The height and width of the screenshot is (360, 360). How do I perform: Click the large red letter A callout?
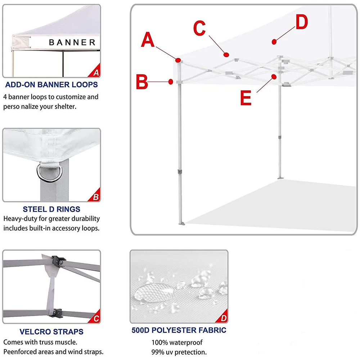(x=148, y=40)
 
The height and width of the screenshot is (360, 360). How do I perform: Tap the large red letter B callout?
(x=142, y=82)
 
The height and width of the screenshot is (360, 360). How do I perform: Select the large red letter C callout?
(x=199, y=28)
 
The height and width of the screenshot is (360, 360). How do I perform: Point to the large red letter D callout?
(x=302, y=22)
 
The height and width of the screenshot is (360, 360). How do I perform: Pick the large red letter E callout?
(x=246, y=98)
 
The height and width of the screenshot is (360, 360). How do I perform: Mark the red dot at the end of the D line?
(x=274, y=42)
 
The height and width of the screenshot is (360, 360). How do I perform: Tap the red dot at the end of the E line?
(x=274, y=76)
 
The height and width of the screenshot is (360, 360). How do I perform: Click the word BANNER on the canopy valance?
(x=72, y=42)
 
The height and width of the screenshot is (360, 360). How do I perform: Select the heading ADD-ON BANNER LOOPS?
(x=51, y=85)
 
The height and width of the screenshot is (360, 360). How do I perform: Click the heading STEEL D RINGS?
(x=51, y=209)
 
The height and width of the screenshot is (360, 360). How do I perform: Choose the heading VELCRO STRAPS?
(x=51, y=332)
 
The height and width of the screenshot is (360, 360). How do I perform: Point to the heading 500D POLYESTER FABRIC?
(x=179, y=330)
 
